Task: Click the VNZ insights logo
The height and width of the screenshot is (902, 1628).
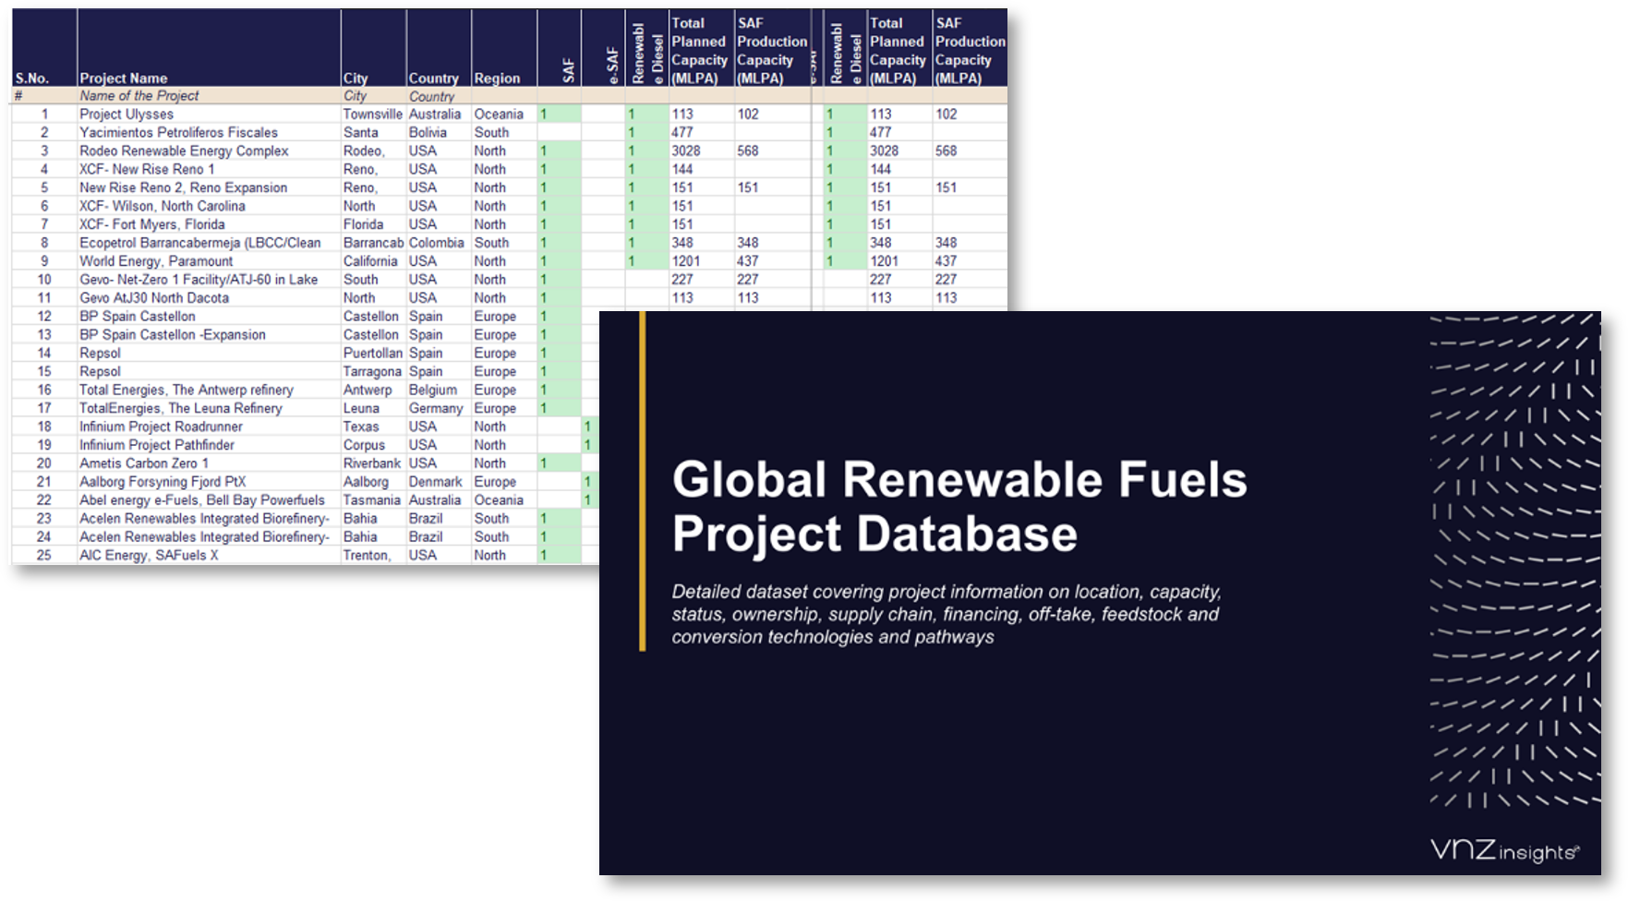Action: pyautogui.click(x=1504, y=850)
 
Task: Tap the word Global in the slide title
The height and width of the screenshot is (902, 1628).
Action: pyautogui.click(x=749, y=480)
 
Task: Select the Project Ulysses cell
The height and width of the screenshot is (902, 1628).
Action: pyautogui.click(x=127, y=114)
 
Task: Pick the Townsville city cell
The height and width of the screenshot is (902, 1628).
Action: pyautogui.click(x=372, y=114)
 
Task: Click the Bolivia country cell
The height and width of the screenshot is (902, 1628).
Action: pyautogui.click(x=428, y=133)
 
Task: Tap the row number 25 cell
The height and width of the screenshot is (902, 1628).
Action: pyautogui.click(x=43, y=556)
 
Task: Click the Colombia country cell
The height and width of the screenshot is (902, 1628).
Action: pyautogui.click(x=436, y=243)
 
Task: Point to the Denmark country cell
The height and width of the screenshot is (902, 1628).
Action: pyautogui.click(x=435, y=482)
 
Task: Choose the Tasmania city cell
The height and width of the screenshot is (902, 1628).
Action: pyautogui.click(x=371, y=500)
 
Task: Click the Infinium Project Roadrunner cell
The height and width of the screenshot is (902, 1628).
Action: pyautogui.click(x=161, y=427)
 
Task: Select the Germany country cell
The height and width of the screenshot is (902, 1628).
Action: pyautogui.click(x=435, y=408)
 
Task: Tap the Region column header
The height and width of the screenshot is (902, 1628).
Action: pyautogui.click(x=497, y=78)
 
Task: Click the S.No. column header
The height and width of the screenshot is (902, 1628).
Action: pyautogui.click(x=32, y=78)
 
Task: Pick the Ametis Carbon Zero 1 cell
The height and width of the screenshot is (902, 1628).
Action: pyautogui.click(x=144, y=463)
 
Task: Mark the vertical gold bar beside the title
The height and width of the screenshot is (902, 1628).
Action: pyautogui.click(x=643, y=481)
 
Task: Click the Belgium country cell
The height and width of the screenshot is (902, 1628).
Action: pyautogui.click(x=432, y=390)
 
